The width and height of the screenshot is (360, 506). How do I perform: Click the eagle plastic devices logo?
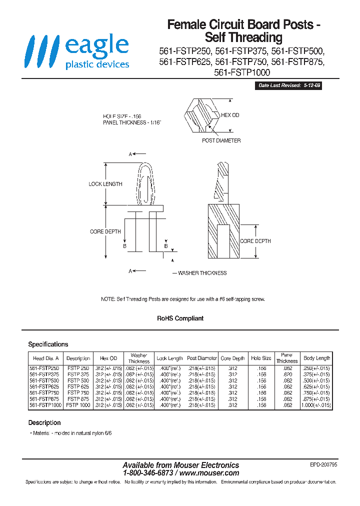click(77, 51)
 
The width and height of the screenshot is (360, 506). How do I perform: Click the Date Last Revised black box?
click(289, 85)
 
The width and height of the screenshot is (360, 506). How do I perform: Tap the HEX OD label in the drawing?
click(230, 115)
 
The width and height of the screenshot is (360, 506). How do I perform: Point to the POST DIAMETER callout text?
click(221, 140)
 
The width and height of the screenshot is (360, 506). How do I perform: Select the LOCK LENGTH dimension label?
click(105, 184)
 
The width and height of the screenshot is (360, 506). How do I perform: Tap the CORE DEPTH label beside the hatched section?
click(255, 241)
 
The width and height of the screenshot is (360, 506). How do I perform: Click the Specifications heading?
click(48, 344)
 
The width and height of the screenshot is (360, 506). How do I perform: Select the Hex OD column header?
click(108, 358)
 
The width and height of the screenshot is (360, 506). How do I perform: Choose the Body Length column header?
click(316, 358)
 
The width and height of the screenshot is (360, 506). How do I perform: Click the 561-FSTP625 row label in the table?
click(44, 386)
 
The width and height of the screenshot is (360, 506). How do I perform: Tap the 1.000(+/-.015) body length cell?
click(316, 405)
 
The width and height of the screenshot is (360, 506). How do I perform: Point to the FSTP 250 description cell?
click(78, 368)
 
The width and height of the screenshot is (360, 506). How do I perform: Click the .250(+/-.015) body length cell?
click(316, 368)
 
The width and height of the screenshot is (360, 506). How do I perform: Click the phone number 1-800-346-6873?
click(148, 472)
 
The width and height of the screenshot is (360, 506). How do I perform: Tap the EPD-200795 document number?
click(323, 464)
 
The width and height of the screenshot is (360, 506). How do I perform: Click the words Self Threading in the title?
click(243, 37)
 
